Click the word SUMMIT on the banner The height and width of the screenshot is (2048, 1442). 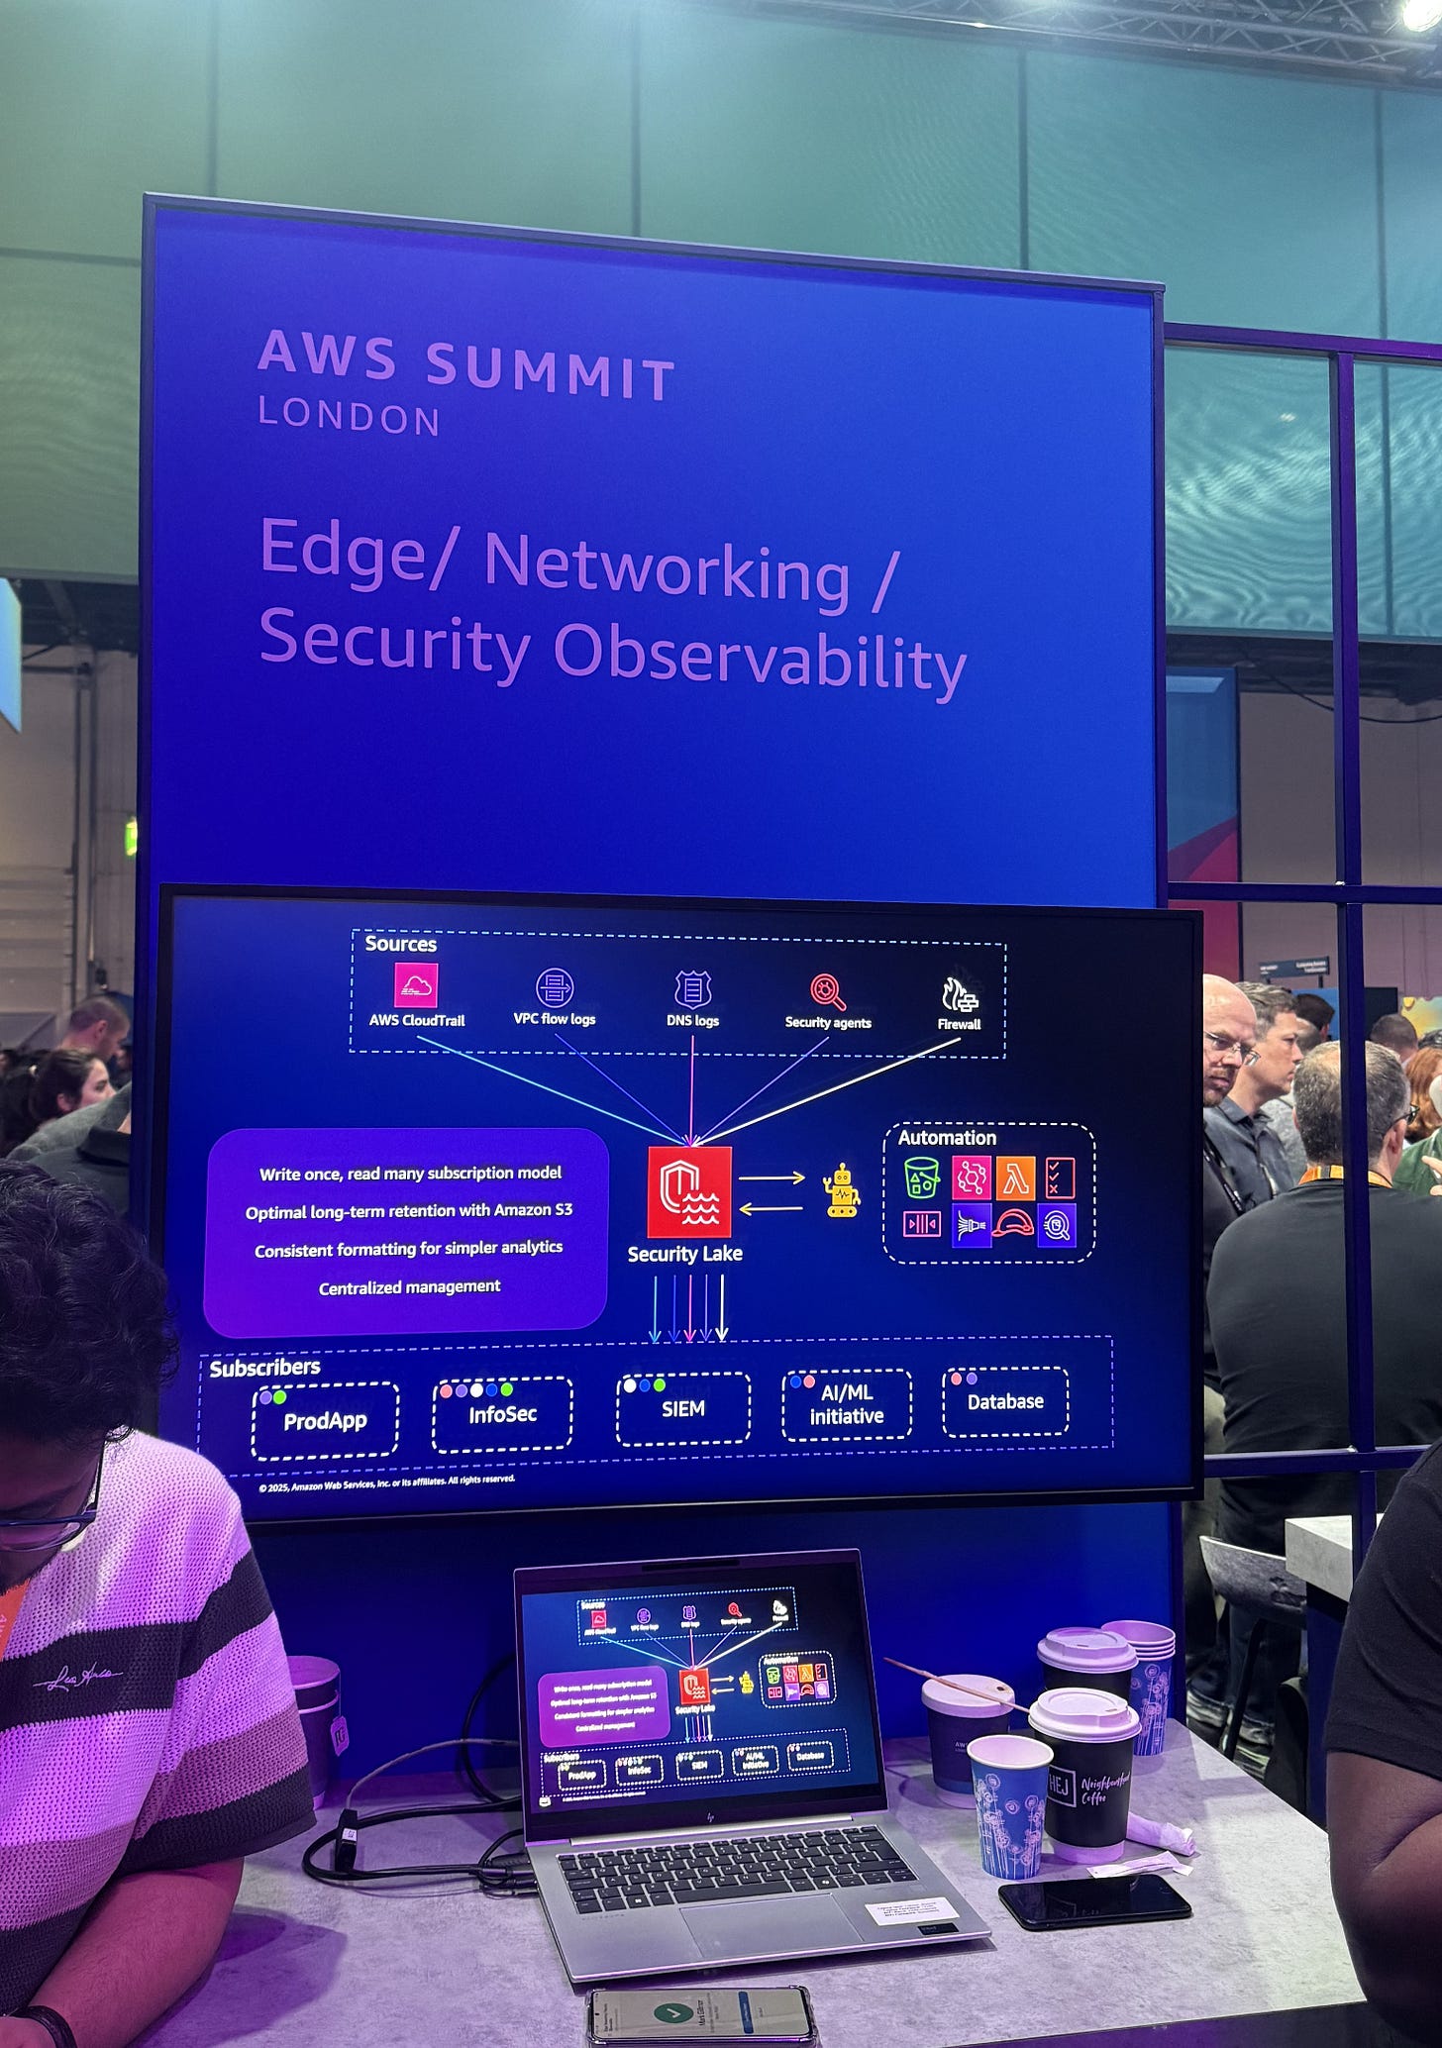[x=550, y=373]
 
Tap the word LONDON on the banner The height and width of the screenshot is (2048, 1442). [x=349, y=417]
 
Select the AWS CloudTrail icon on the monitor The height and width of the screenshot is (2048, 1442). [x=416, y=985]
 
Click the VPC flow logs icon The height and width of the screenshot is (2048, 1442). [x=555, y=987]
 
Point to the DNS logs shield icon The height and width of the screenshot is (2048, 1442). [x=692, y=989]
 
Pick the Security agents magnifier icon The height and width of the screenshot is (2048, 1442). [x=827, y=991]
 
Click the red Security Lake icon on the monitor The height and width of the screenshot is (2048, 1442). [x=689, y=1192]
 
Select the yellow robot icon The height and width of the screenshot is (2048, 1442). [x=842, y=1191]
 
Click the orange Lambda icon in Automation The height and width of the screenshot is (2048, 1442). [x=1015, y=1178]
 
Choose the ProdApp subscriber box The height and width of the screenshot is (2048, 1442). [x=325, y=1421]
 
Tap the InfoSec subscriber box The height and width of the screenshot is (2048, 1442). [x=502, y=1414]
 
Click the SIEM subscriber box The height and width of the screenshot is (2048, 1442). [x=682, y=1408]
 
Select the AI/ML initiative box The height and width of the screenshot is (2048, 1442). [x=846, y=1404]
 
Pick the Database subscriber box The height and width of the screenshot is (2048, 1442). [x=1005, y=1401]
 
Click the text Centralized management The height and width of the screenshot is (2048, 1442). [x=409, y=1286]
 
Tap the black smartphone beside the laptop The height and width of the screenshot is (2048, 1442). [x=1093, y=1900]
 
